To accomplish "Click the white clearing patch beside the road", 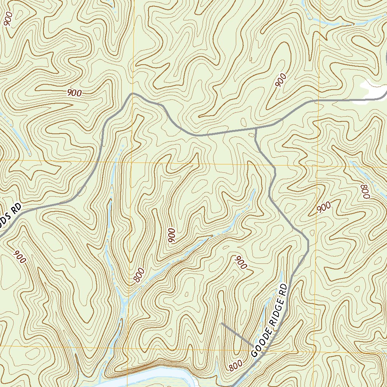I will (x=374, y=90).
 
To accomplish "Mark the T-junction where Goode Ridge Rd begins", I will (x=256, y=129).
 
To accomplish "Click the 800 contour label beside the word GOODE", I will (x=235, y=365).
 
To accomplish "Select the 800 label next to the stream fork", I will (x=139, y=275).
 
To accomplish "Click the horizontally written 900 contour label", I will (x=74, y=93).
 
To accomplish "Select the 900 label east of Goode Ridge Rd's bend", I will (x=324, y=207).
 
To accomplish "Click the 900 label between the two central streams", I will (x=172, y=236).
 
